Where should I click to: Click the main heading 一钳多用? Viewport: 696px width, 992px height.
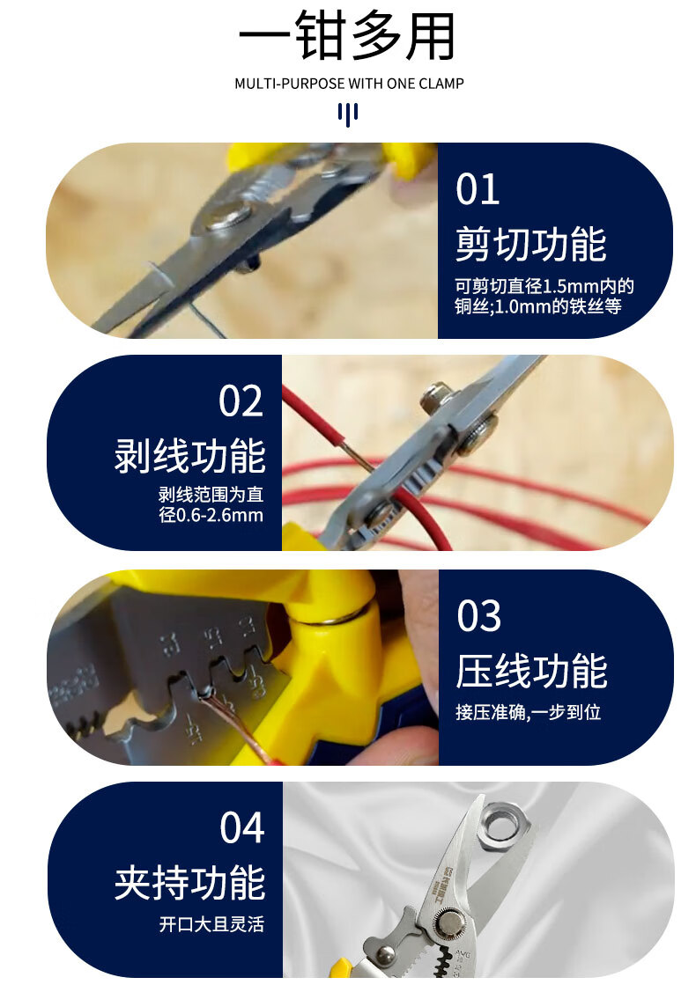pos(347,35)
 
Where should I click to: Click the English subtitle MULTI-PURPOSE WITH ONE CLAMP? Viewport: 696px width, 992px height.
pos(349,84)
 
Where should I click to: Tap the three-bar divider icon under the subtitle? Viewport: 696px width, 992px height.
pos(348,114)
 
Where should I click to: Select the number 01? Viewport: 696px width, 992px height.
pos(478,189)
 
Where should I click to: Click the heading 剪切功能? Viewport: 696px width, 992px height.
pos(530,244)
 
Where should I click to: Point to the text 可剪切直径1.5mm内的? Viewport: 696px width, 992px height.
pos(544,286)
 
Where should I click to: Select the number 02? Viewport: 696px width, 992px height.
pos(241,401)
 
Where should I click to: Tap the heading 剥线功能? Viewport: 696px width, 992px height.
pos(189,456)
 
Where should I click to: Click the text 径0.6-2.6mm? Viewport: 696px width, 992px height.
pos(211,515)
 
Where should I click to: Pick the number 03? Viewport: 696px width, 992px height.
pos(478,616)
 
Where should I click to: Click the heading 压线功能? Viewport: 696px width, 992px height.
pos(531,672)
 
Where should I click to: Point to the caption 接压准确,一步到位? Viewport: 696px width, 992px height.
pos(529,712)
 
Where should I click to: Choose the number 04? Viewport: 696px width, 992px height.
pos(242,828)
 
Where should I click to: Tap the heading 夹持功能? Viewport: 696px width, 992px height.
pos(189,883)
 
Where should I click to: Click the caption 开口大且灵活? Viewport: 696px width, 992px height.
pos(211,924)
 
